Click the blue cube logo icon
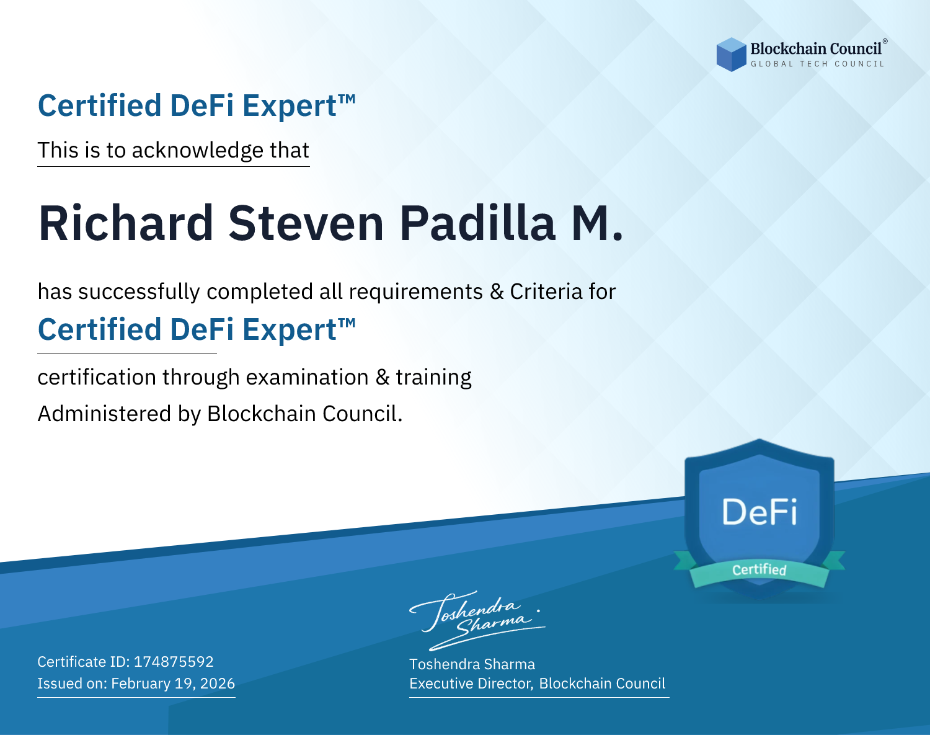[x=731, y=55]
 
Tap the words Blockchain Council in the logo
[x=816, y=49]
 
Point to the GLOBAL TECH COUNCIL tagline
[x=817, y=64]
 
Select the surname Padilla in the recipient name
[x=477, y=223]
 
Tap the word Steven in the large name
[x=306, y=223]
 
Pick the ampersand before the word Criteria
[x=497, y=292]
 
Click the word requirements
[x=416, y=292]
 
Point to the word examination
[x=308, y=377]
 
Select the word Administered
[x=104, y=413]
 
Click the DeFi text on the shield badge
[x=759, y=512]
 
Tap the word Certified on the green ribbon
[x=759, y=570]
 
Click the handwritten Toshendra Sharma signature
[x=477, y=620]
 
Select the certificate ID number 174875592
[x=174, y=661]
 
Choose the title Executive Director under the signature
[x=471, y=684]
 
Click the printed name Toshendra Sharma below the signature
[x=472, y=664]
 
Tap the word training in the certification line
[x=433, y=377]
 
